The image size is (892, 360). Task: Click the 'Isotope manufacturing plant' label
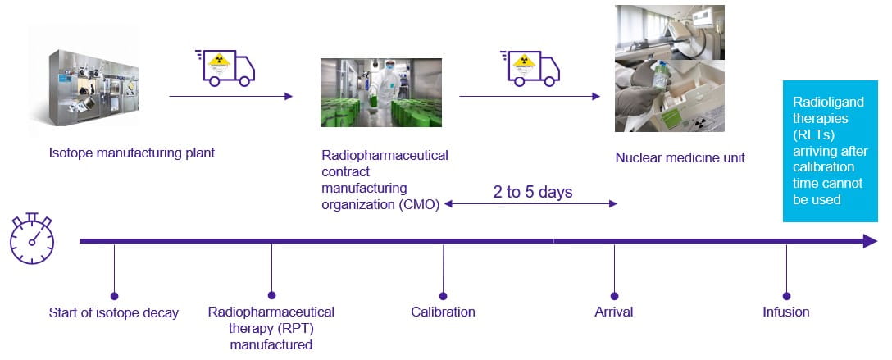132,153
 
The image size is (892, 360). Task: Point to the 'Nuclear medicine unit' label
680,157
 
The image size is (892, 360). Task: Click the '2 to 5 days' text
533,192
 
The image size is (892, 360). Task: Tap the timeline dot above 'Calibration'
444,296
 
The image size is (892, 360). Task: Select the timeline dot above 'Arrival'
615,296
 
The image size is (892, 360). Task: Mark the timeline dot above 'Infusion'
786,296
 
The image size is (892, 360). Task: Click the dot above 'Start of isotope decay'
114,296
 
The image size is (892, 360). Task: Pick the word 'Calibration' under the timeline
443,312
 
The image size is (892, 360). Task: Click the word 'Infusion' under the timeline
785,312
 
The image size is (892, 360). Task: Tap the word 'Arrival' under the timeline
614,312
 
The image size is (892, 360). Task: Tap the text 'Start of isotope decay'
114,312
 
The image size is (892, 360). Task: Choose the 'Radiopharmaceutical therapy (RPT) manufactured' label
271,328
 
